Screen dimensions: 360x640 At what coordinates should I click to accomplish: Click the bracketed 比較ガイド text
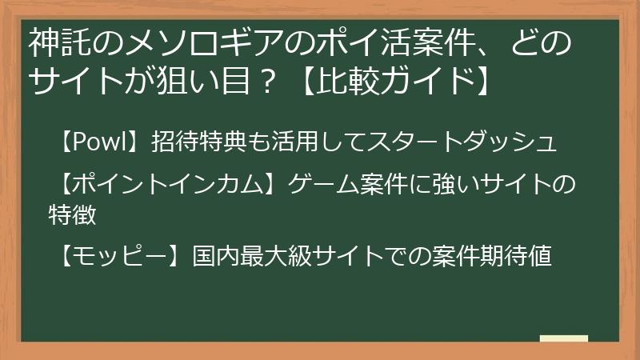(x=395, y=81)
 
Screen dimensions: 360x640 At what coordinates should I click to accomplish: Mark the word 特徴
(x=71, y=214)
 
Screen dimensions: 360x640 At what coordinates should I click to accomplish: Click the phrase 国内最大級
(x=244, y=257)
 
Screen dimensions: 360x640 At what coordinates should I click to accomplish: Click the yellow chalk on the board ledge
(x=564, y=338)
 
